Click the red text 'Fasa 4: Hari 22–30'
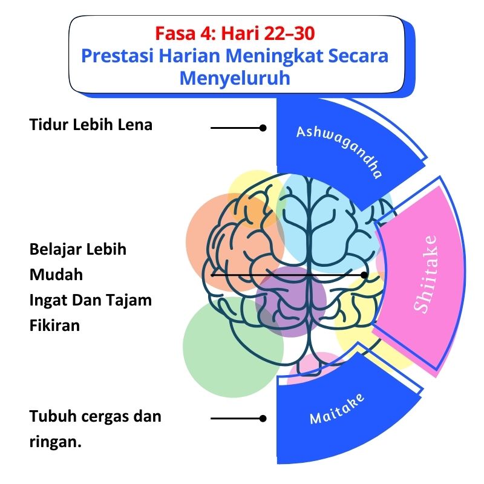tap(234, 31)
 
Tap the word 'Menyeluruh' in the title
tap(235, 79)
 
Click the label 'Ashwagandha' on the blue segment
tap(339, 151)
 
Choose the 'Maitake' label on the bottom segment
tap(337, 408)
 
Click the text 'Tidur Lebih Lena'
tap(91, 125)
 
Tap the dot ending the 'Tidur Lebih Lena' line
tap(263, 128)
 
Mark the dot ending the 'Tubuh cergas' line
tap(263, 418)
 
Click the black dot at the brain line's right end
tap(364, 275)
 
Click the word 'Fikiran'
tap(54, 325)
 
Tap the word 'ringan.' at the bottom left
tap(55, 442)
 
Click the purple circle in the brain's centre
tap(290, 301)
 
